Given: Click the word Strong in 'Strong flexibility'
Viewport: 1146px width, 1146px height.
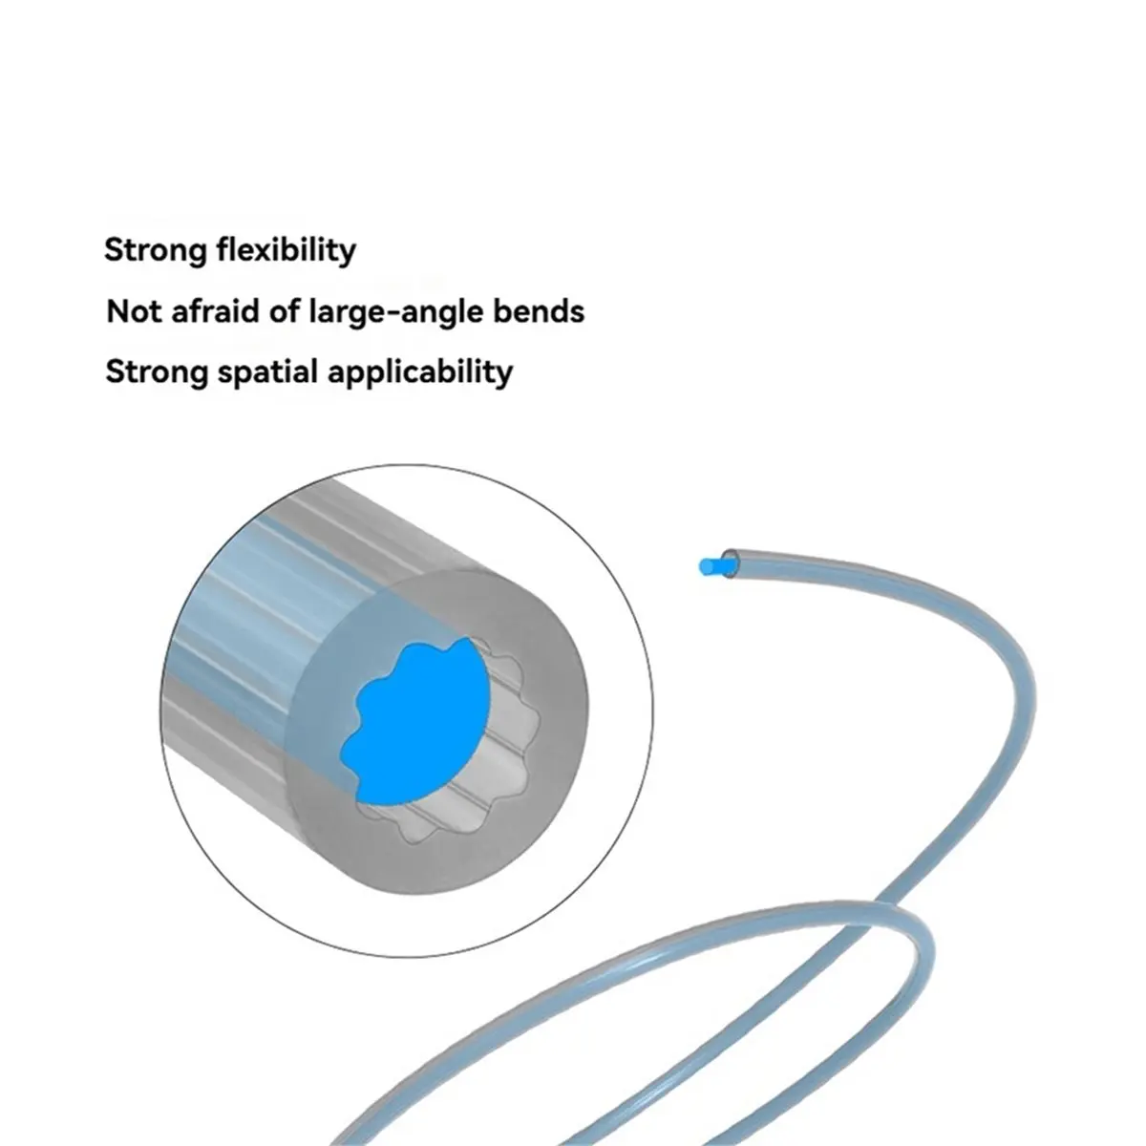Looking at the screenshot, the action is tap(156, 250).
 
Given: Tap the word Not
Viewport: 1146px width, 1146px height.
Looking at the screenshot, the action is tap(134, 311).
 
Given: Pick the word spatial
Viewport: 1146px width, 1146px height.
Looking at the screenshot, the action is tap(268, 372).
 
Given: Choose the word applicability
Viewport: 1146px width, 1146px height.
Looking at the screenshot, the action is tap(420, 372).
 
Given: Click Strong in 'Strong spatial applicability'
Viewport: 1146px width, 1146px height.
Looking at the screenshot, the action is tap(157, 372).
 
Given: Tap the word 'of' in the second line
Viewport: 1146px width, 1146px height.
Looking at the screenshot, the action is tap(285, 311).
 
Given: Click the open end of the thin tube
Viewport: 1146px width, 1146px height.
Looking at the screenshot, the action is tap(730, 562).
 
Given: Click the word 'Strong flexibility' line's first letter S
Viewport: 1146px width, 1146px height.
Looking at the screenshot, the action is tap(114, 250).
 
